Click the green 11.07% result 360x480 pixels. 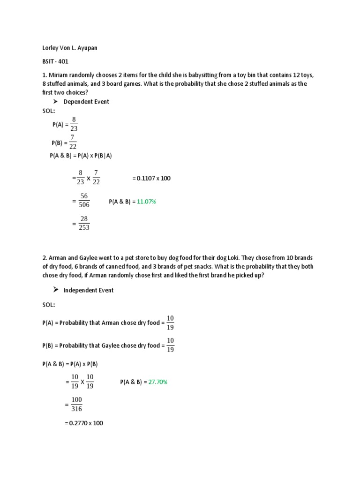pos(146,202)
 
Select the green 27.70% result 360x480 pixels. pos(158,382)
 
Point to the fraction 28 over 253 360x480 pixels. pos(84,224)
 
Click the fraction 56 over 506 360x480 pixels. pos(84,201)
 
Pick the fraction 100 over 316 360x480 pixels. pos(76,404)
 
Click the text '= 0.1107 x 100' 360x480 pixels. pos(151,179)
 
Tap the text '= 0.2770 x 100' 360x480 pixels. pos(83,423)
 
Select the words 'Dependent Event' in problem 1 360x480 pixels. pos(86,102)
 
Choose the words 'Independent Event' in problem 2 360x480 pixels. pos(88,290)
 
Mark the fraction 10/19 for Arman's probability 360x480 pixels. pos(170,323)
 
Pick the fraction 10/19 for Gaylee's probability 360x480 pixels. pos(170,345)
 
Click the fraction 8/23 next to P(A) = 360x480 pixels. pos(74,124)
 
